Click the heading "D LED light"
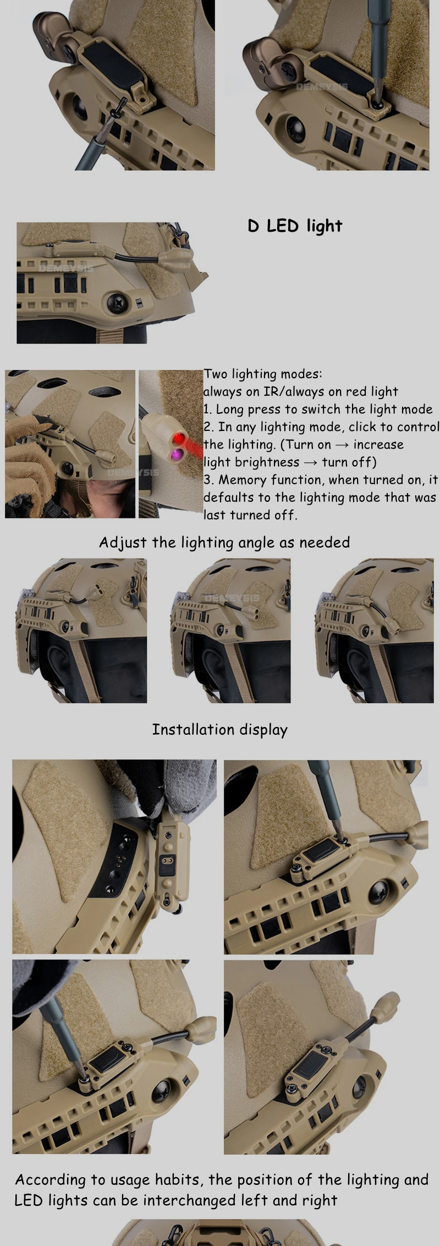tap(295, 226)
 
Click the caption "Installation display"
tap(220, 730)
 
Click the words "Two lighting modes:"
tap(263, 374)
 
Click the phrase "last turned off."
tap(250, 515)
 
